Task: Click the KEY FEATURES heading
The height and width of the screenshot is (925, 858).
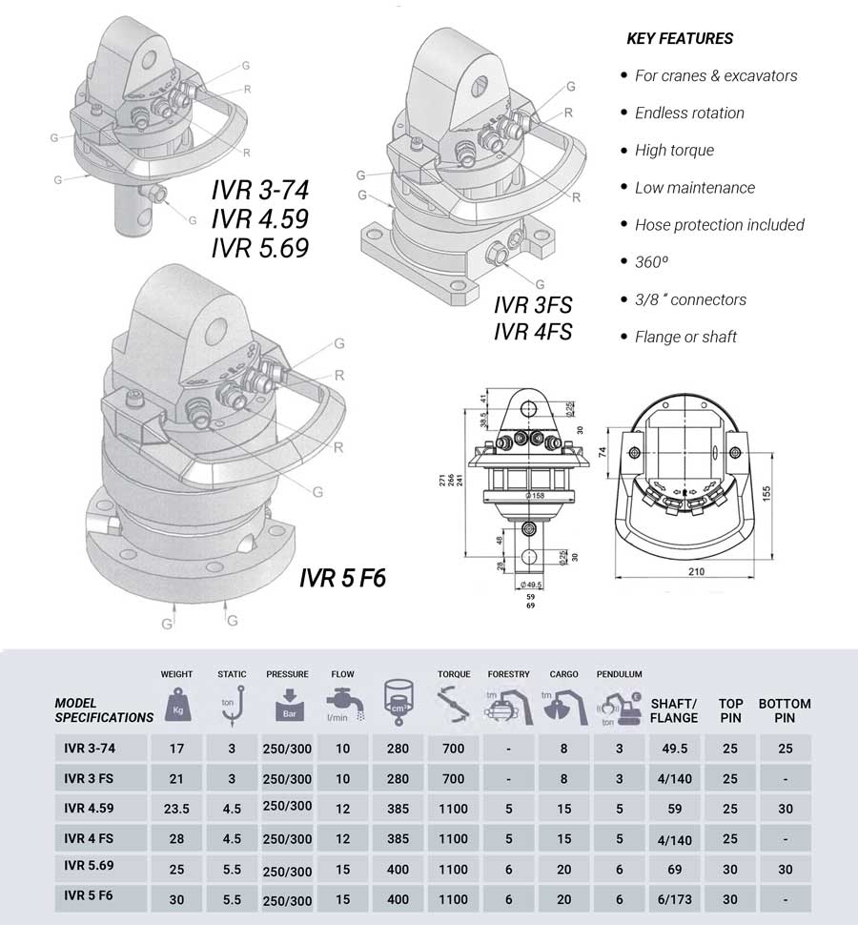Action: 680,39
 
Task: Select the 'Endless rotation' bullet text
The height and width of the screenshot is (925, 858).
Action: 689,113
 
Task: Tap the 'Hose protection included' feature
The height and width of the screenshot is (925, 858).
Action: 720,225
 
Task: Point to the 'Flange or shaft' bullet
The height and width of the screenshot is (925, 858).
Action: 685,337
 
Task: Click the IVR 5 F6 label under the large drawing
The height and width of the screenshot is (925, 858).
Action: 342,579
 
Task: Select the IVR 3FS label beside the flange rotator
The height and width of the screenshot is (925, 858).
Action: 532,307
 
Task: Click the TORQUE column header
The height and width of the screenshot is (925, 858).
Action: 454,675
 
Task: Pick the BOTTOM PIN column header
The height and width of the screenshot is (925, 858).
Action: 785,710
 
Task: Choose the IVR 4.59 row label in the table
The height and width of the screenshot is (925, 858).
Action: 91,809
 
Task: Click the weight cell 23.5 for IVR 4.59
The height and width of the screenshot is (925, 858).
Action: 176,809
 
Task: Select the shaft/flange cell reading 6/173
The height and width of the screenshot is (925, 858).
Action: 674,899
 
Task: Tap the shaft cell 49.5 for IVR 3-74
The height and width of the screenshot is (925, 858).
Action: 674,749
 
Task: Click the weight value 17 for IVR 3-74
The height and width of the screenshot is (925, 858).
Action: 176,749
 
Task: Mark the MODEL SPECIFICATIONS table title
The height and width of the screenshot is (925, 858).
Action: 104,710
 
